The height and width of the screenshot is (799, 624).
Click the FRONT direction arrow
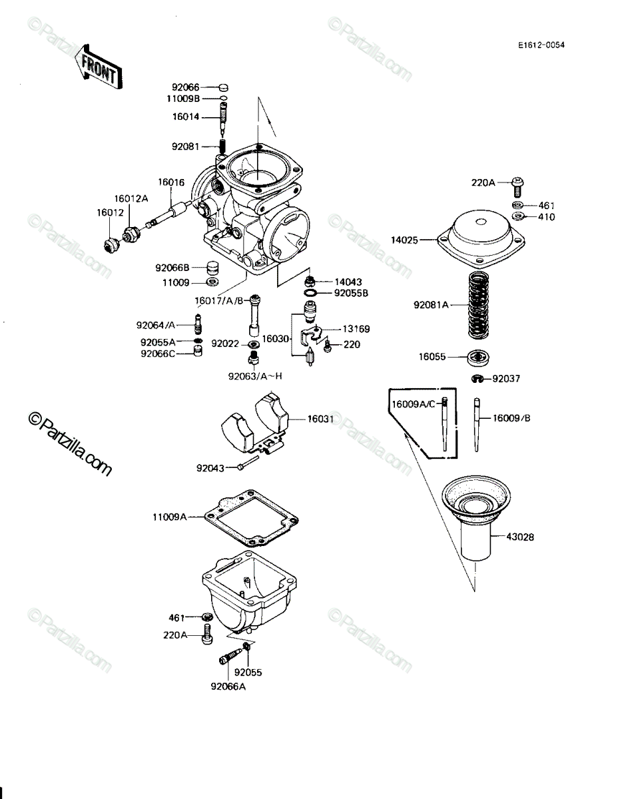coord(98,67)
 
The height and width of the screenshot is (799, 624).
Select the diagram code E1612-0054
coord(541,45)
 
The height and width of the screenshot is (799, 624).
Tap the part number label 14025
coord(404,240)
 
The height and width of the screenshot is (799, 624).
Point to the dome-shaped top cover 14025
coord(481,238)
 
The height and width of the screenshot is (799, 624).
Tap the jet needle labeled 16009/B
coord(477,425)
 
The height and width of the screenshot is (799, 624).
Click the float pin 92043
coord(248,462)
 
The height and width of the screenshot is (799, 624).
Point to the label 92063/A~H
coord(255,376)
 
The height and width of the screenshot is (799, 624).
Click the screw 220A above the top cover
coord(517,187)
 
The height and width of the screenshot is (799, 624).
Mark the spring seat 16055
coord(478,357)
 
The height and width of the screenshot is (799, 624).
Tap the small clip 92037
coord(477,378)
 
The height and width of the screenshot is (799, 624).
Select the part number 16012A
coord(131,198)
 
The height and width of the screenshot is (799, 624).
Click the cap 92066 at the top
coord(223,87)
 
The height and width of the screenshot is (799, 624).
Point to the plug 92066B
coord(212,268)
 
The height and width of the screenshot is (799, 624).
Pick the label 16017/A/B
coord(219,301)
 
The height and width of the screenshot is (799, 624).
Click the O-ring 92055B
coord(311,293)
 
